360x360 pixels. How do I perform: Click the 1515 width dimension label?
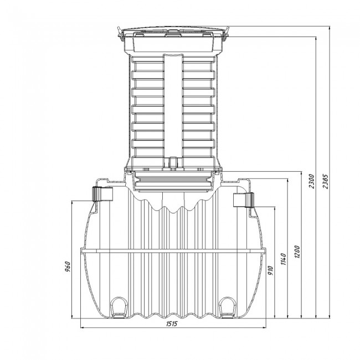tap(172, 324)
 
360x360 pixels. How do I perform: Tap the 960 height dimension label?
tap(68, 266)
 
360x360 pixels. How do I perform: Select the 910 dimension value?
tap(271, 271)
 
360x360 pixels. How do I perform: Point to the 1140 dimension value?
tap(284, 259)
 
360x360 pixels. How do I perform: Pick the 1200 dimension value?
tap(297, 252)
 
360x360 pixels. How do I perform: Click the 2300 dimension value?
tap(312, 181)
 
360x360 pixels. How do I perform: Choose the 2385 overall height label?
tap(326, 181)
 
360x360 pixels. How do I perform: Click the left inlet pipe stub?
tap(102, 194)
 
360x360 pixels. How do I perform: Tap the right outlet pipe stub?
tap(244, 200)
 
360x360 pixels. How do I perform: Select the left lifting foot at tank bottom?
tap(119, 307)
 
